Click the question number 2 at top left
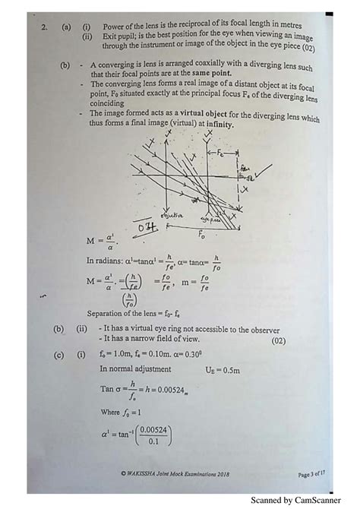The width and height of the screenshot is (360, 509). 46,27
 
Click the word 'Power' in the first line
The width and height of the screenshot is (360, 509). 115,27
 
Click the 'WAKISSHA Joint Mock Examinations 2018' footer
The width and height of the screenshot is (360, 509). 175,473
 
